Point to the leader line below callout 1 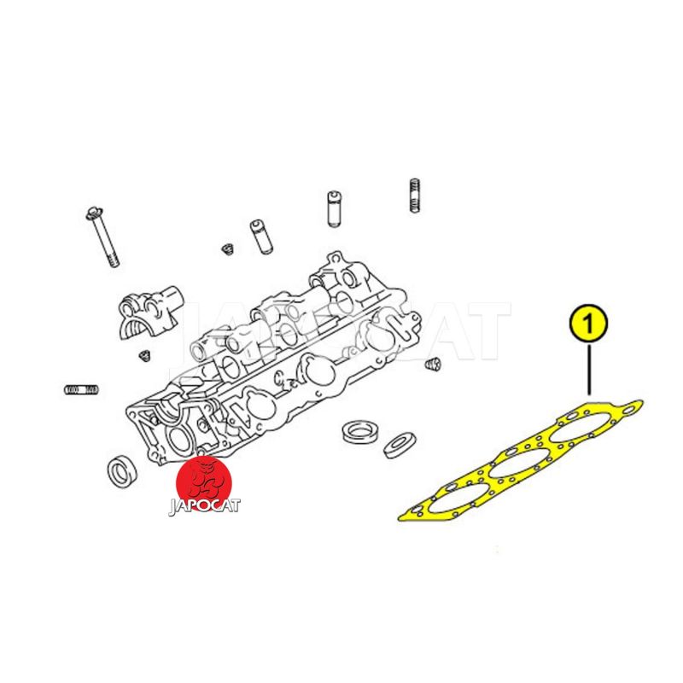coord(589,370)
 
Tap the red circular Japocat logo coord(203,483)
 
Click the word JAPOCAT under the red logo coord(204,505)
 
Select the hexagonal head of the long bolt coord(95,213)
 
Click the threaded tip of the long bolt coord(113,260)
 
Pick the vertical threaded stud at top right coord(415,196)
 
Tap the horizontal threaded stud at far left coord(81,389)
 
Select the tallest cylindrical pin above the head coord(334,208)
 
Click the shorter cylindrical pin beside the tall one coord(261,236)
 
